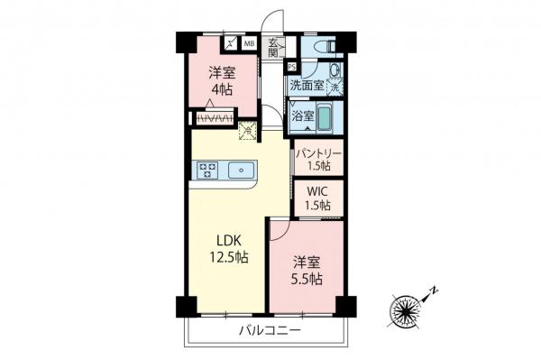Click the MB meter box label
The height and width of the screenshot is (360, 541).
[248, 42]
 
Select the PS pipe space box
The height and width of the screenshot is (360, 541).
[291, 67]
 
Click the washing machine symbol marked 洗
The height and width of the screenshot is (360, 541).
[335, 87]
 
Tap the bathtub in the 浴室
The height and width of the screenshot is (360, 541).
[327, 116]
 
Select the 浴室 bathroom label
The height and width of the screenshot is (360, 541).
[303, 116]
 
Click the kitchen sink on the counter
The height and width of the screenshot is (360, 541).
[242, 168]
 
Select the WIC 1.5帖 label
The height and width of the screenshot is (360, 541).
[317, 198]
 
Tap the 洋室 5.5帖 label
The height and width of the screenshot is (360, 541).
[307, 269]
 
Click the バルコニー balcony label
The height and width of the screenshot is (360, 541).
[269, 331]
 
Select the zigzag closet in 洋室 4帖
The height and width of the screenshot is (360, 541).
[215, 118]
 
